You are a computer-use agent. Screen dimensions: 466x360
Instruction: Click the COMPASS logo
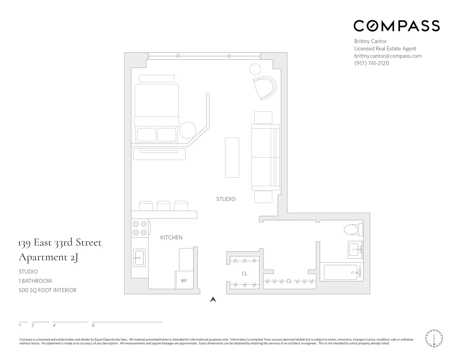(396, 26)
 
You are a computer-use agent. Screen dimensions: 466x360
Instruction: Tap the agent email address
(388, 56)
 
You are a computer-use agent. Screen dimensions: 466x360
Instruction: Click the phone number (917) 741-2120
(371, 63)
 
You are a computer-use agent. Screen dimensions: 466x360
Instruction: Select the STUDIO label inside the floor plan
(226, 199)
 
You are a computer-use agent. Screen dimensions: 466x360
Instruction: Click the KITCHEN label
(171, 237)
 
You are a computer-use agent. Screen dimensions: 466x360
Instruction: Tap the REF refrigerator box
(184, 280)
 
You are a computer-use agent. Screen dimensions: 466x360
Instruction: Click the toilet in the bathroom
(353, 229)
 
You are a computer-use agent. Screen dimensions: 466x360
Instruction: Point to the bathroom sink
(355, 249)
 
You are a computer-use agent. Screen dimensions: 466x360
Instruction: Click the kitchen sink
(139, 258)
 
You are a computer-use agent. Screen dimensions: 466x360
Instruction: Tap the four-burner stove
(140, 228)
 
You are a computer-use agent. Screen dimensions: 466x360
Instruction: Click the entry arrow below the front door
(213, 299)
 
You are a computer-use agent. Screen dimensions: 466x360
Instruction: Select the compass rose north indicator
(434, 338)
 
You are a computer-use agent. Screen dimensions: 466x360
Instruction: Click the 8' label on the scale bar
(93, 325)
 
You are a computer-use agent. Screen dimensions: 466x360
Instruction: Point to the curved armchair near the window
(264, 88)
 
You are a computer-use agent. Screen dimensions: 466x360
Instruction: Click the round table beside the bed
(188, 130)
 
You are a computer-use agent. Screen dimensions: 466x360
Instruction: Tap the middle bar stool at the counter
(163, 206)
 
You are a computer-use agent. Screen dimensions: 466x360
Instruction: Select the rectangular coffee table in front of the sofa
(232, 157)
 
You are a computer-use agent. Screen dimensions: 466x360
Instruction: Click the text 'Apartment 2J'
(49, 257)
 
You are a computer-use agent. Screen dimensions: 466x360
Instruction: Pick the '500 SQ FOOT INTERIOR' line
(48, 290)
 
